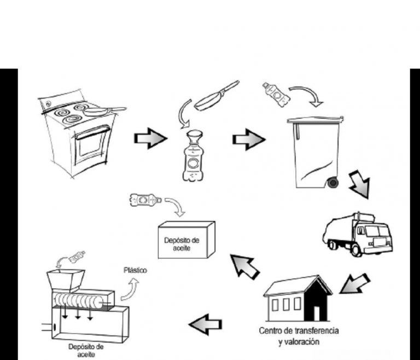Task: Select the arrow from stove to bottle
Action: pos(150,139)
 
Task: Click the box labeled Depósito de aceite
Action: pos(185,240)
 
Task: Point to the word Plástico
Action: pos(135,270)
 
